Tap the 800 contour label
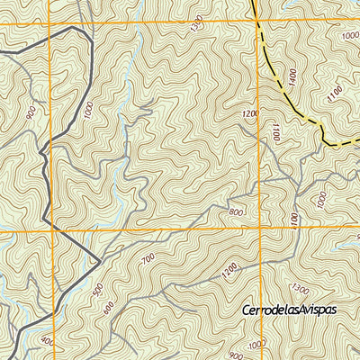(x=237, y=211)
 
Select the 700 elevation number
(x=148, y=259)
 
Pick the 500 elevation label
(x=98, y=289)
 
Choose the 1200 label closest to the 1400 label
(x=251, y=114)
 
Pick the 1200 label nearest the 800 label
(x=229, y=268)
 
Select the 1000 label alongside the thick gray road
(x=87, y=110)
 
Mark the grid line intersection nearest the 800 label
(x=258, y=231)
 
